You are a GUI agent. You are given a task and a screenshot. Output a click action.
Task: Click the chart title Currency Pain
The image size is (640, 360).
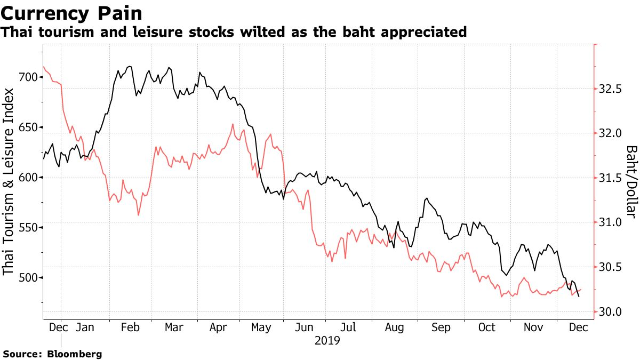click(75, 12)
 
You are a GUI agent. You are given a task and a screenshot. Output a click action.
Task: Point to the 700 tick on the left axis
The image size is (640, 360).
click(27, 77)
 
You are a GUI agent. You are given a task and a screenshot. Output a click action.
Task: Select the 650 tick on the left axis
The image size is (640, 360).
click(27, 127)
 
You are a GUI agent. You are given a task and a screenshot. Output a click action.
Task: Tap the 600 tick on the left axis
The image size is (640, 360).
click(27, 178)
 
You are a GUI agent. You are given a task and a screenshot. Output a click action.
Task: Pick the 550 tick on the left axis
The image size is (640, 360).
click(27, 228)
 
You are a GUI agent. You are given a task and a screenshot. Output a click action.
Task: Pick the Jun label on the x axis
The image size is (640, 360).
click(304, 327)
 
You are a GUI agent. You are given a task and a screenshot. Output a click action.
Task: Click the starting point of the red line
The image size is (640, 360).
click(43, 67)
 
